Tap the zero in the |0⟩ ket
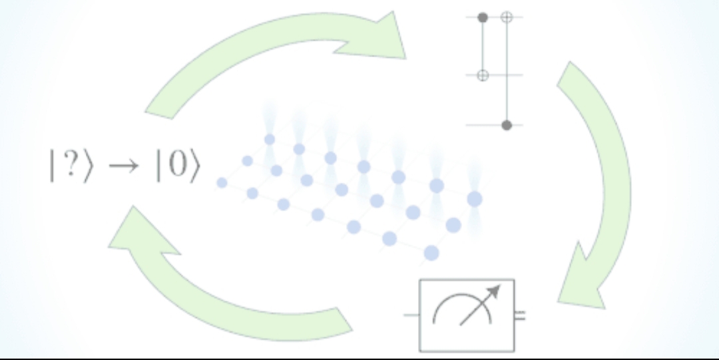177,164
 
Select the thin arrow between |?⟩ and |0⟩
123,166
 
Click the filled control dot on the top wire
483,17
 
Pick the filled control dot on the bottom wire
507,125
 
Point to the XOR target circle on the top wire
507,17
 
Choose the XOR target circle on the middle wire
483,75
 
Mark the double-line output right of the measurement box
520,315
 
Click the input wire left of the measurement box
411,315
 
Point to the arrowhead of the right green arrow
580,283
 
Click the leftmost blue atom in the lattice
222,183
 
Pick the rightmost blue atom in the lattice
475,200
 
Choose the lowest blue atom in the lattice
431,253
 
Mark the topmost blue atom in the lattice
270,140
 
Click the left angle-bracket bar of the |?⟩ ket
52,165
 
